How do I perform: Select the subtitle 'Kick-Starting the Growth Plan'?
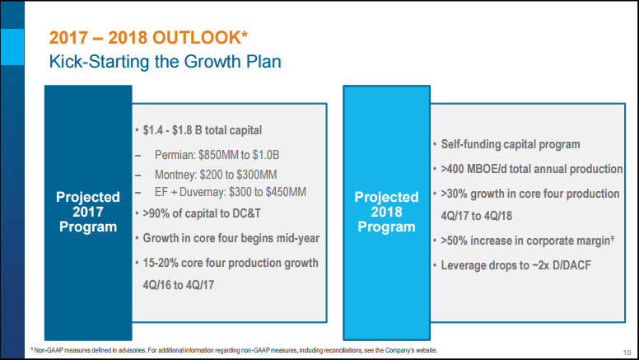[165, 61]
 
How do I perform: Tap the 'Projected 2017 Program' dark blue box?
[86, 211]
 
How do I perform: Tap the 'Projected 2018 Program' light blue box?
[386, 211]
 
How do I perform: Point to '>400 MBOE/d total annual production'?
[532, 169]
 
